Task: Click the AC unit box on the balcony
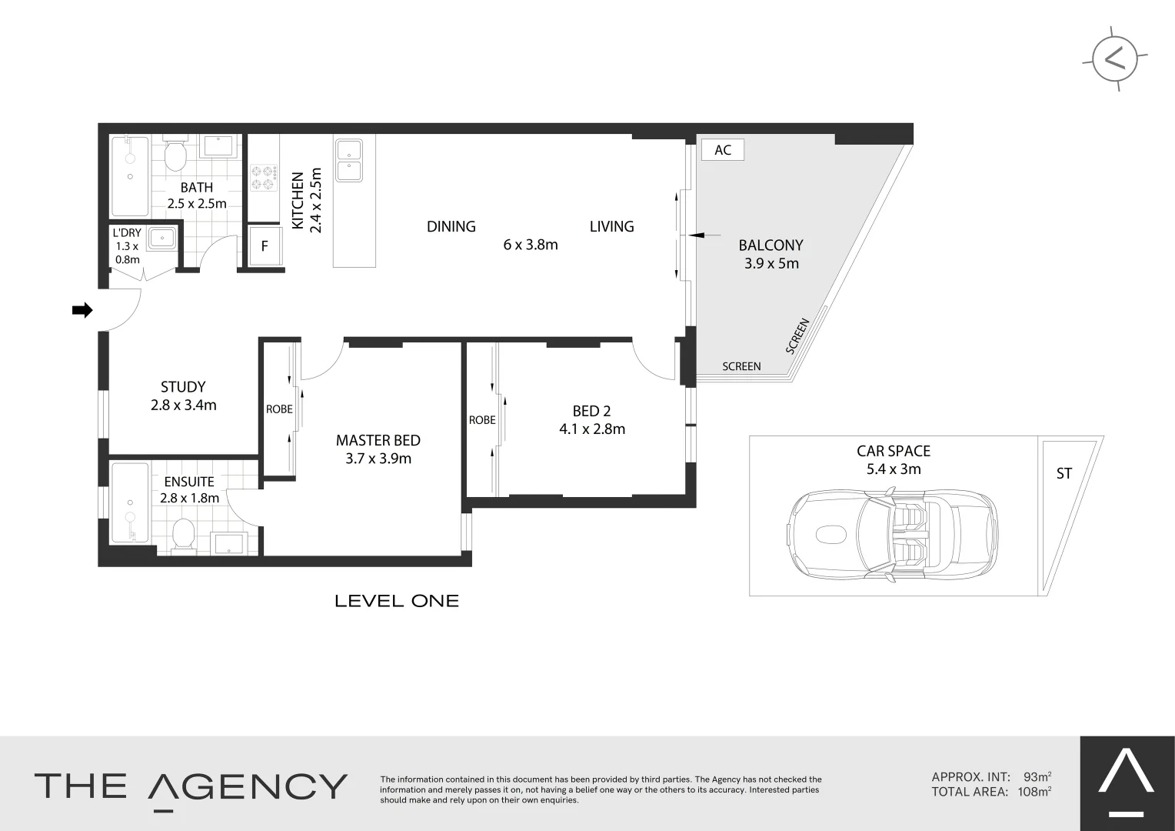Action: [x=723, y=150]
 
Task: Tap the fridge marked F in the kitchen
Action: [x=265, y=246]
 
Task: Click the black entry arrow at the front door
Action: [x=82, y=310]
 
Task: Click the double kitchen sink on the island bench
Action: [x=349, y=160]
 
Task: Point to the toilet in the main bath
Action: [x=176, y=155]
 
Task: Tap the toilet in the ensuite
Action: [x=184, y=533]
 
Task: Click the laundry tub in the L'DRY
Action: [x=162, y=239]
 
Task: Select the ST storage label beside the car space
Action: [x=1063, y=474]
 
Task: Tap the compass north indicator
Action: [x=1114, y=59]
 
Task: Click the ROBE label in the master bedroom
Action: [x=279, y=409]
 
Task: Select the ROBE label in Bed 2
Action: [x=482, y=420]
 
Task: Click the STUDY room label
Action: [x=183, y=387]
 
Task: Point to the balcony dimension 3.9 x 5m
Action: [x=771, y=263]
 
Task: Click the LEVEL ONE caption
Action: [x=397, y=601]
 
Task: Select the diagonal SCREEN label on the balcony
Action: [x=797, y=335]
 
